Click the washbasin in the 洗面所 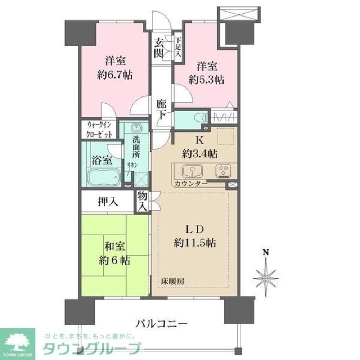tap(136, 128)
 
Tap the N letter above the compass tap(265, 252)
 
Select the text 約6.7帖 tap(114, 75)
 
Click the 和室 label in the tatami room tap(114, 247)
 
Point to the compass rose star tap(266, 278)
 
